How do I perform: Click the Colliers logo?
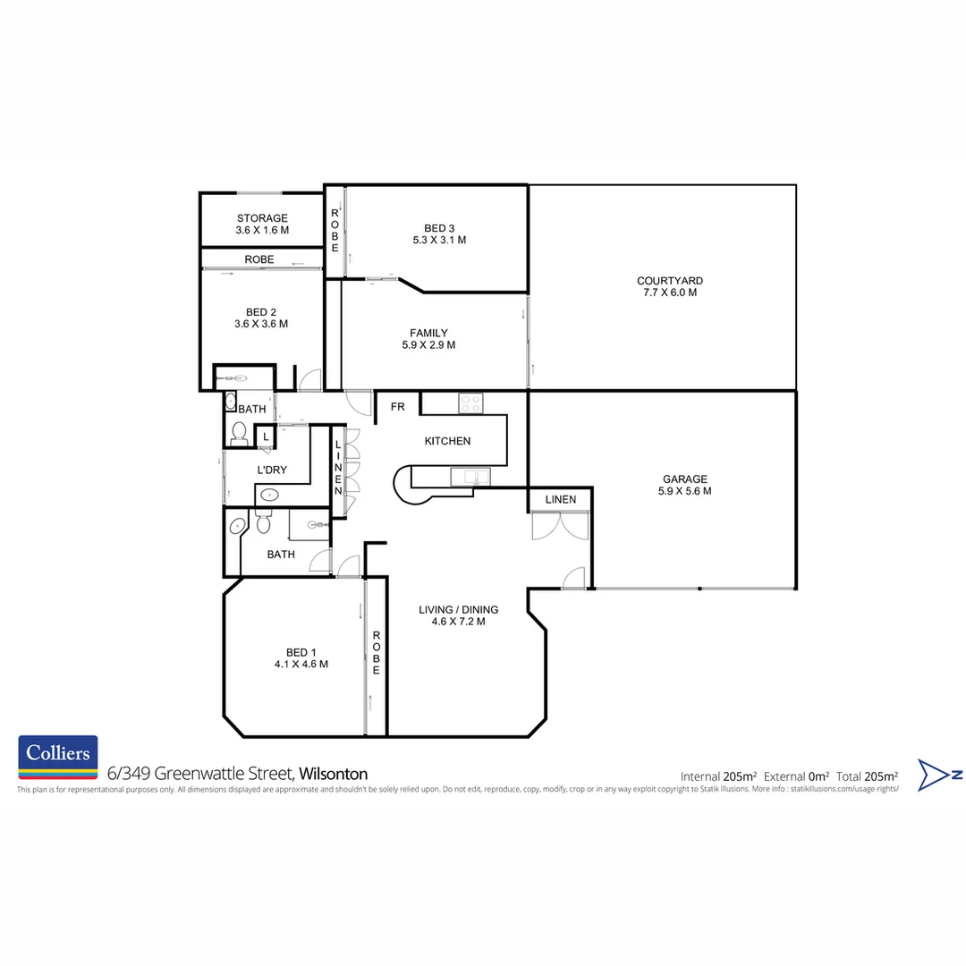point(58,758)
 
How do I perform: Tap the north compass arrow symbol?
point(939,775)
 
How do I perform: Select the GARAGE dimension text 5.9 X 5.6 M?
point(686,491)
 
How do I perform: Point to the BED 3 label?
point(439,227)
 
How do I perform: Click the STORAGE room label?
point(262,218)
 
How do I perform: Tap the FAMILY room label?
point(428,333)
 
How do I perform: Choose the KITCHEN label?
point(447,441)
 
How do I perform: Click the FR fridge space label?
point(397,407)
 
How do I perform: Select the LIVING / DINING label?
point(458,610)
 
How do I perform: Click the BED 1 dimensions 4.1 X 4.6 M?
point(301,665)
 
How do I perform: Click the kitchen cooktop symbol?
point(470,403)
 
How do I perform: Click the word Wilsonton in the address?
point(333,774)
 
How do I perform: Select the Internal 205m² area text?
point(719,775)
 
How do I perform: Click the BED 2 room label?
point(261,312)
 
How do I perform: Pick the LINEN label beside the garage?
point(561,499)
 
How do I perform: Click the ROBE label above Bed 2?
point(259,259)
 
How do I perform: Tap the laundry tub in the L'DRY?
point(268,494)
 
